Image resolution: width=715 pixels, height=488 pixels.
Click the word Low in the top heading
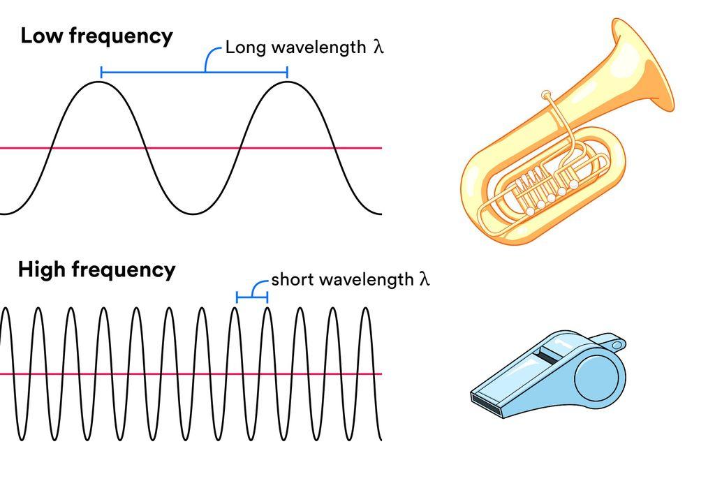tap(42, 36)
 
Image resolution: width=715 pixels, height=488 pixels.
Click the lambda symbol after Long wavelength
tap(378, 47)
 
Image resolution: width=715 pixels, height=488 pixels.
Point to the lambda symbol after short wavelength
tap(424, 279)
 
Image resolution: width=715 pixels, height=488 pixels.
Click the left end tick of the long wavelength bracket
tap(101, 72)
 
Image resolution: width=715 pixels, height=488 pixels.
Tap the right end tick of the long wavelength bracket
tap(287, 72)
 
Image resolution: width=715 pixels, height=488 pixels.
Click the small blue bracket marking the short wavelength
tap(251, 297)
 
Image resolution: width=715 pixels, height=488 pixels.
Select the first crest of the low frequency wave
tap(101, 82)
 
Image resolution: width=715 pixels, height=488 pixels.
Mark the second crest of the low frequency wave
tap(287, 82)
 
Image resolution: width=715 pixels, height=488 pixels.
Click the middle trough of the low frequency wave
tap(194, 213)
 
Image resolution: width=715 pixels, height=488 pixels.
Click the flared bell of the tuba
tap(643, 64)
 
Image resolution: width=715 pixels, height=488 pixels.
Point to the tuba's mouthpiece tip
tap(546, 96)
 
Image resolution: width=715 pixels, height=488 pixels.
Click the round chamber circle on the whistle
tap(596, 378)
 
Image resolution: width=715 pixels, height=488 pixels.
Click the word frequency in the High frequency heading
tap(123, 270)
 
